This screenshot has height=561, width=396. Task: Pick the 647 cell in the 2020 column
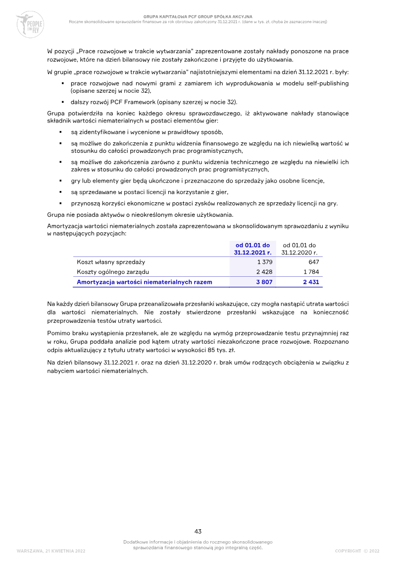point(313,262)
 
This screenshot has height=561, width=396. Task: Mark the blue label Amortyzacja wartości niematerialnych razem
point(144,282)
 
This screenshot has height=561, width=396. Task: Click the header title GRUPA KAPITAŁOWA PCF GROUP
point(198,16)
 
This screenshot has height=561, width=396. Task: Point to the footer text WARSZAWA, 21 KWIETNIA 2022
point(51,551)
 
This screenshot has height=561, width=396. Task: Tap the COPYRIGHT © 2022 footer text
point(357,551)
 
